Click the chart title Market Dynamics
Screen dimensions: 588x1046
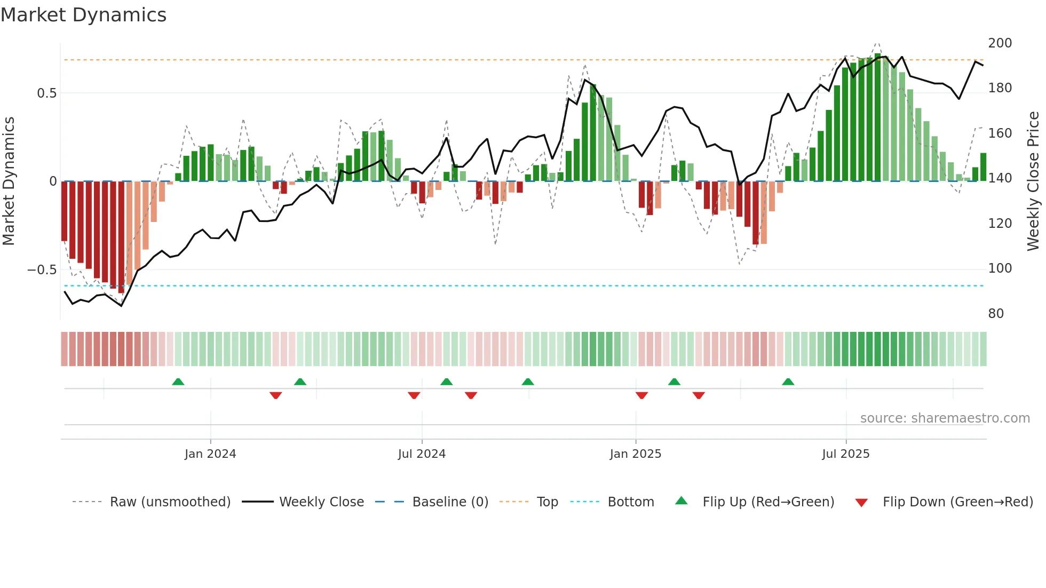[84, 15]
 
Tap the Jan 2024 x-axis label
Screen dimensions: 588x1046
[210, 454]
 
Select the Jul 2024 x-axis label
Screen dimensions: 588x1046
[422, 454]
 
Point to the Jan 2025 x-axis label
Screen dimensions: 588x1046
[636, 454]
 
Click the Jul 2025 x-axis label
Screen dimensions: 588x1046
[846, 454]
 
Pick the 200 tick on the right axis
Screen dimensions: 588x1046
[1000, 43]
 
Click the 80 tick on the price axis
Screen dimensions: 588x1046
[996, 314]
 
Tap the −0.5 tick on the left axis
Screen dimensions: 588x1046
[42, 270]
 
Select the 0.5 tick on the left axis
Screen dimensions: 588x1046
[46, 93]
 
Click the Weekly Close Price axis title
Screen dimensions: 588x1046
[1033, 181]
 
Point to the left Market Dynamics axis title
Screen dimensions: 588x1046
[9, 181]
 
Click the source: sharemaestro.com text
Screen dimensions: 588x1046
[945, 418]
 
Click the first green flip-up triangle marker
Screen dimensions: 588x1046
[178, 382]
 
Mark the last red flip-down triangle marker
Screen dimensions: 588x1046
[699, 395]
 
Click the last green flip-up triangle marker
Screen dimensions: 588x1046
[788, 382]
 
